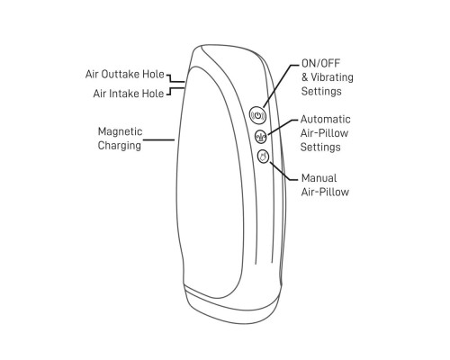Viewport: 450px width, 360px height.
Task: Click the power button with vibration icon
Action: coord(257,115)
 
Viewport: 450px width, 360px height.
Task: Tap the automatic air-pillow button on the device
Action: coord(261,137)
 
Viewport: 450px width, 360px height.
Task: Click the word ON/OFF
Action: coord(320,63)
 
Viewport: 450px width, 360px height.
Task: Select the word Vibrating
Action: coord(332,77)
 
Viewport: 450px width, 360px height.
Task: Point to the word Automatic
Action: coord(325,120)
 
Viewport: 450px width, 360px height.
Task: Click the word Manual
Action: coord(319,178)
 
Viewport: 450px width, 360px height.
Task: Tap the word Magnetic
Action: coord(120,131)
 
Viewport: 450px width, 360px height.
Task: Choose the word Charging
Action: coord(120,146)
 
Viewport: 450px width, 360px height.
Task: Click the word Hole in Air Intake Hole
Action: coord(153,94)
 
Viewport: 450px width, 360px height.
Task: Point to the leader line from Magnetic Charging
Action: coord(158,139)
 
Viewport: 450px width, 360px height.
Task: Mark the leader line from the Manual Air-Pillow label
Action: coord(283,172)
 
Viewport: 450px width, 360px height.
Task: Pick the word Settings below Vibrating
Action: coord(321,91)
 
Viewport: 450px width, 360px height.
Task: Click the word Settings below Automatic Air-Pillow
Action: coord(320,148)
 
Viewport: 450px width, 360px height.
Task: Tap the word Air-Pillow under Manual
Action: coord(325,192)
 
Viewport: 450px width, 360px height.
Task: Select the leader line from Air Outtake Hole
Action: coord(175,78)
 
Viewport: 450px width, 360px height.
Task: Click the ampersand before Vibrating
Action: coord(305,77)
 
